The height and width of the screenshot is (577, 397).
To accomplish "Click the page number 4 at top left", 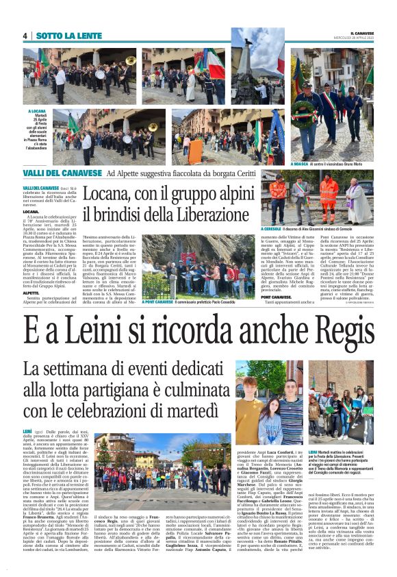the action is tap(25, 36).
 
